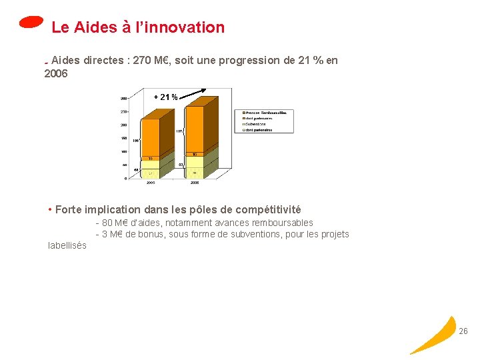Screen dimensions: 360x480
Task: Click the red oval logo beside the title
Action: (x=31, y=22)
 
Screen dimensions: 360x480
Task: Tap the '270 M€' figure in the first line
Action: (x=151, y=61)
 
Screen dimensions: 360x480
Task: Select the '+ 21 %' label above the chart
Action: (x=165, y=97)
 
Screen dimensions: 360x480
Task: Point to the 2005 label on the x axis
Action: (x=151, y=181)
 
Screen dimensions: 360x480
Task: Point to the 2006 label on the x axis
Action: (x=194, y=181)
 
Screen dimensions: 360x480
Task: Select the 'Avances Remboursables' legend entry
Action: (x=266, y=113)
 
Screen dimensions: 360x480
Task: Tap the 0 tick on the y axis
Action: (x=127, y=178)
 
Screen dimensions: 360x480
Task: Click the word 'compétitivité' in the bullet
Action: (x=269, y=210)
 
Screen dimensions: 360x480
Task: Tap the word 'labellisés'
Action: (x=67, y=245)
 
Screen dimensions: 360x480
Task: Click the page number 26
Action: (x=463, y=331)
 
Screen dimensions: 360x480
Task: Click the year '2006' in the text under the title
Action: (x=55, y=73)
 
